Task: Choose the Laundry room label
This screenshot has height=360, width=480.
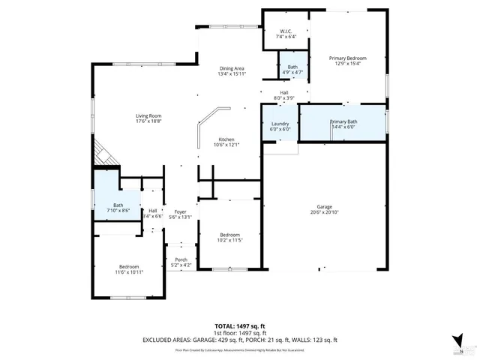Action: (x=280, y=126)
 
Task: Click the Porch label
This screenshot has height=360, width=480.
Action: (x=181, y=262)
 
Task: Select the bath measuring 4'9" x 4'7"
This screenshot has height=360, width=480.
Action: (x=292, y=69)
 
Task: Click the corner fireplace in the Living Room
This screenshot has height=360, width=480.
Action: (x=103, y=155)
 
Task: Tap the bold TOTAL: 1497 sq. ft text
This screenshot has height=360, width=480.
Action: (x=240, y=326)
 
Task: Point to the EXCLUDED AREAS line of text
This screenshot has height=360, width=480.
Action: (x=240, y=340)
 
